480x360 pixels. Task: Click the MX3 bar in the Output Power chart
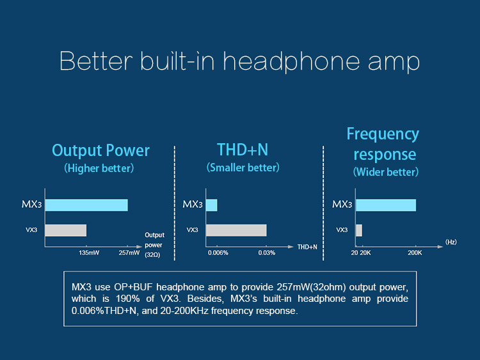[86, 205]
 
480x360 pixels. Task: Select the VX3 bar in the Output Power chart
[65, 230]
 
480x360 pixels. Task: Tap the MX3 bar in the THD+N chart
[212, 205]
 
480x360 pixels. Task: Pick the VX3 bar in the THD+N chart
[236, 230]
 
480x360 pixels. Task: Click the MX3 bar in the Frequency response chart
[386, 205]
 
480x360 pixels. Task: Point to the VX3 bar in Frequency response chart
[359, 230]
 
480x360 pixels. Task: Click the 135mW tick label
[89, 253]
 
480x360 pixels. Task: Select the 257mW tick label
[129, 253]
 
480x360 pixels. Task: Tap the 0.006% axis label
[218, 253]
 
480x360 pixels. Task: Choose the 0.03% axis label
[267, 253]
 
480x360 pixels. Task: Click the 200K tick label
[415, 253]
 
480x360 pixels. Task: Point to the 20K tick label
[365, 253]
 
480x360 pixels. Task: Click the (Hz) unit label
[451, 242]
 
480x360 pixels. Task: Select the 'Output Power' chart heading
[100, 150]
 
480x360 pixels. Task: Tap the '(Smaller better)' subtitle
[243, 168]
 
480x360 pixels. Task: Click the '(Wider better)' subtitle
[386, 172]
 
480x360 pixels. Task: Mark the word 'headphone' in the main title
[291, 61]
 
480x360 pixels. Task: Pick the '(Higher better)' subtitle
[99, 168]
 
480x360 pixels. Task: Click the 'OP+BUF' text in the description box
[133, 287]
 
